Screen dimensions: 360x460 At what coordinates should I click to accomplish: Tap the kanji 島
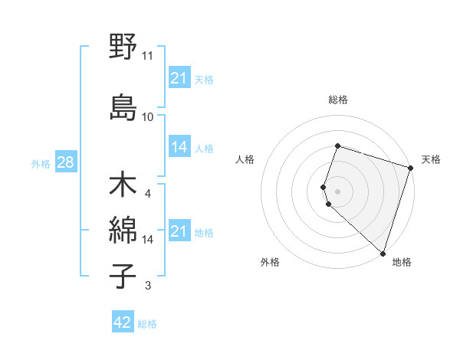click(123, 107)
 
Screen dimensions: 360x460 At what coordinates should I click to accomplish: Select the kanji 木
click(123, 185)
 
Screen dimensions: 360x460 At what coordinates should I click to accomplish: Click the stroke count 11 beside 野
click(148, 56)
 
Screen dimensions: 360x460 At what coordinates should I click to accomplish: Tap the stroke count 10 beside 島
click(148, 116)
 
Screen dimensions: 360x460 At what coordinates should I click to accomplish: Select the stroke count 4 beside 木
click(148, 193)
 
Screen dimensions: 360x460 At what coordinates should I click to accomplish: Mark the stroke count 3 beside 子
click(148, 286)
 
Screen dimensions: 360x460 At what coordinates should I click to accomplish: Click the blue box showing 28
click(65, 163)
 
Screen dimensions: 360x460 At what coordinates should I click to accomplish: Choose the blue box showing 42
click(123, 322)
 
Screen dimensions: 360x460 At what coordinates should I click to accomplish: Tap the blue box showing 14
click(179, 147)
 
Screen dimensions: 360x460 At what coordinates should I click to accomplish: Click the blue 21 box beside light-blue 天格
click(179, 78)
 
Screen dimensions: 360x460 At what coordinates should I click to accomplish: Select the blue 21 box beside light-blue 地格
click(179, 231)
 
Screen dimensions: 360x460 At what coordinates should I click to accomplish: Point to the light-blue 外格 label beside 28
click(41, 164)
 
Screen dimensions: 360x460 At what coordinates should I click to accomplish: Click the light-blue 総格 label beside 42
click(147, 324)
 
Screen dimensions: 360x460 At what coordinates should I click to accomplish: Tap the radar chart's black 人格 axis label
click(245, 159)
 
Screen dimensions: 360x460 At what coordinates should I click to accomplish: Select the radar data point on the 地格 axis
click(383, 253)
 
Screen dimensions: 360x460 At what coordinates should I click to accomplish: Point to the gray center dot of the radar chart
click(337, 191)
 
